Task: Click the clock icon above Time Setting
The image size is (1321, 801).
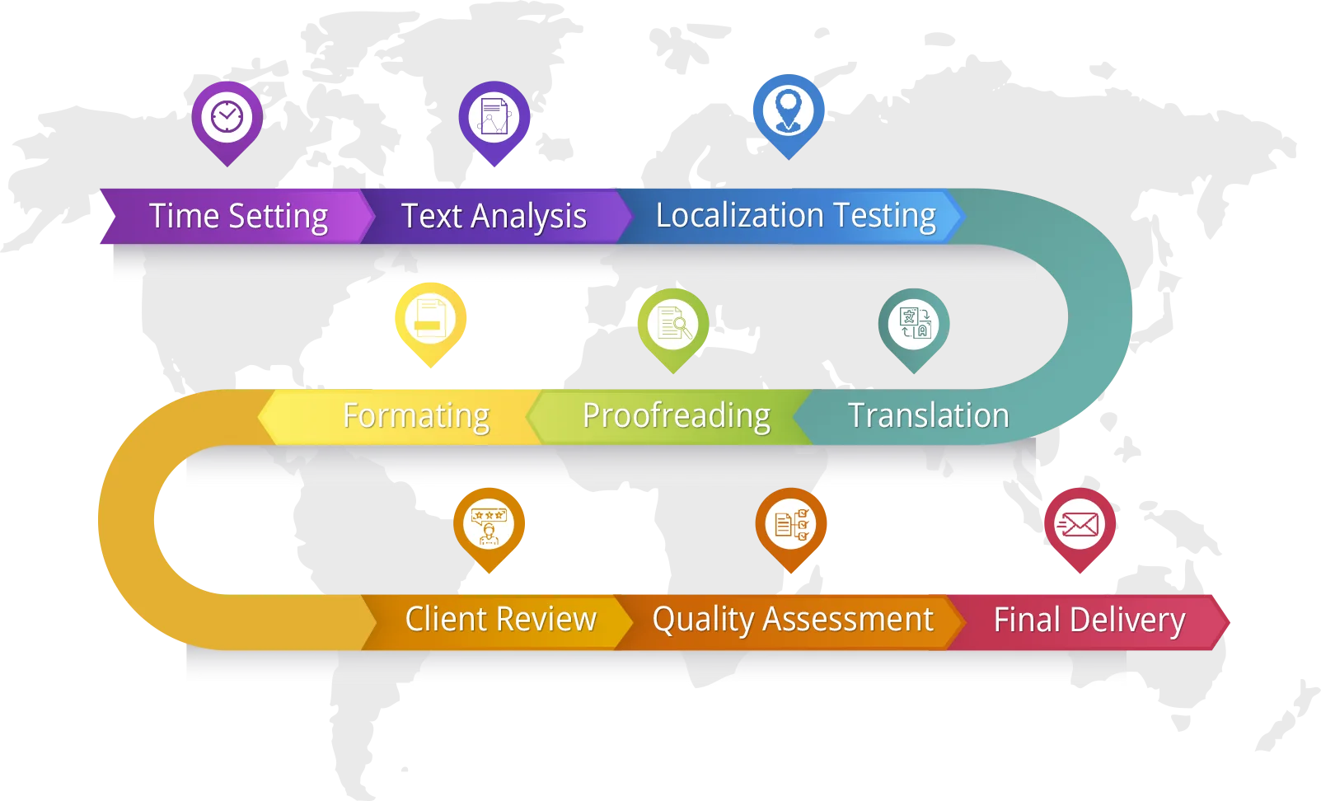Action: pyautogui.click(x=227, y=116)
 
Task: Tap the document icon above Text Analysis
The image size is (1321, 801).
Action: pyautogui.click(x=494, y=117)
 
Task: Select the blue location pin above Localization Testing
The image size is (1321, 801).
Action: pyautogui.click(x=789, y=110)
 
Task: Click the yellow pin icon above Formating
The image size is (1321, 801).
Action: pyautogui.click(x=431, y=319)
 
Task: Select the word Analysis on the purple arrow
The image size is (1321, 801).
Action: pyautogui.click(x=528, y=217)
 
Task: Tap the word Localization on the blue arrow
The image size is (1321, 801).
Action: pyautogui.click(x=739, y=215)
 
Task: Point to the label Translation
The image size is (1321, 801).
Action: pyautogui.click(x=928, y=415)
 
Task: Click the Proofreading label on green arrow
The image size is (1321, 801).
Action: pyautogui.click(x=676, y=416)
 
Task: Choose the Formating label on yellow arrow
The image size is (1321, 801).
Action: pyautogui.click(x=415, y=416)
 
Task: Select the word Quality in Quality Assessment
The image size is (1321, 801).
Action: pyautogui.click(x=703, y=620)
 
